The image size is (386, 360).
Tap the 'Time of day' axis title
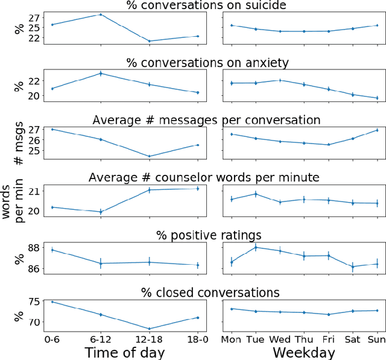pyautogui.click(x=124, y=352)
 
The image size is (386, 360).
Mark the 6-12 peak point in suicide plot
pyautogui.click(x=101, y=14)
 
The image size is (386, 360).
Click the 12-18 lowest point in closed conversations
pyautogui.click(x=150, y=329)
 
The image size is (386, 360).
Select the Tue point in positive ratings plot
pyautogui.click(x=256, y=247)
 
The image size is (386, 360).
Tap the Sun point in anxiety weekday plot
pyautogui.click(x=377, y=98)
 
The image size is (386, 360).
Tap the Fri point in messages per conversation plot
pyautogui.click(x=329, y=145)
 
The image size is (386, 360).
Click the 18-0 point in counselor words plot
pyautogui.click(x=198, y=189)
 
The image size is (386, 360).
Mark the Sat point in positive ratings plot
pyautogui.click(x=353, y=266)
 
